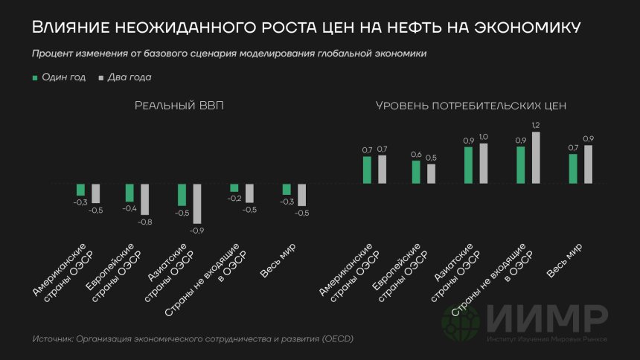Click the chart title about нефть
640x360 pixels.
pos(306,28)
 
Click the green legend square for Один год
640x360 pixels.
pos(34,77)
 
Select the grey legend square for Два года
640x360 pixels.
pos(100,77)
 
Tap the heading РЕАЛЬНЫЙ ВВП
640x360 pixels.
pos(179,106)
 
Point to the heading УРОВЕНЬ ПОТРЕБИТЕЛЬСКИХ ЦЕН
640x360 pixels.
pos(471,106)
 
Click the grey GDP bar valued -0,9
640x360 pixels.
pos(197,203)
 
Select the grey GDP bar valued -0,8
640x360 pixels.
pos(145,200)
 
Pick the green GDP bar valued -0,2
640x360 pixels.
pos(234,187)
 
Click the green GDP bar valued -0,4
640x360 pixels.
pos(129,192)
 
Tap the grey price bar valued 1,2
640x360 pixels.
pos(535,158)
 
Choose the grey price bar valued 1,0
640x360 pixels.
pos(484,163)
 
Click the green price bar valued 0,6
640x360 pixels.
pos(416,172)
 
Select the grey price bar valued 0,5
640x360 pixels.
pos(432,173)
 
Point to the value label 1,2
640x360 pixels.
pos(535,126)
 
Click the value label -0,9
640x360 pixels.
pos(197,231)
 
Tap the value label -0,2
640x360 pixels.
pos(234,198)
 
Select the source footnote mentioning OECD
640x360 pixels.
pos(193,339)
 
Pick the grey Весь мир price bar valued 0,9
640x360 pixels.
pos(589,164)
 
